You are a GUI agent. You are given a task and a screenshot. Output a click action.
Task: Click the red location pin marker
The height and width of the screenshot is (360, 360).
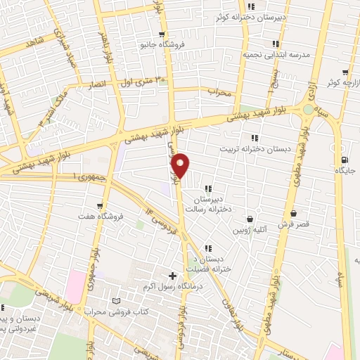pos(181,166)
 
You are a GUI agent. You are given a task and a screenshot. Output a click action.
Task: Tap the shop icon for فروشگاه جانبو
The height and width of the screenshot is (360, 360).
pos(162,34)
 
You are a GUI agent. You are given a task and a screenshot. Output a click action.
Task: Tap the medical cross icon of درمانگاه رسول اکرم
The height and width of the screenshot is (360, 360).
pos(173,275)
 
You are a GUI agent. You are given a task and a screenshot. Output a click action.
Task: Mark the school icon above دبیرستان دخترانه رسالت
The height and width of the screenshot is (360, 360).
pos(208,188)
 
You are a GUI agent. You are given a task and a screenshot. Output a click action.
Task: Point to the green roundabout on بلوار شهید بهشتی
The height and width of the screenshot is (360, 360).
pos(308,110)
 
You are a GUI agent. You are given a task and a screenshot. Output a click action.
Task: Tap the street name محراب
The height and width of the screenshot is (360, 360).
pos(219,91)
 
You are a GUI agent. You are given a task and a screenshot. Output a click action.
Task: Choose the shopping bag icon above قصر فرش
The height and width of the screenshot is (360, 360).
pos(293,214)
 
